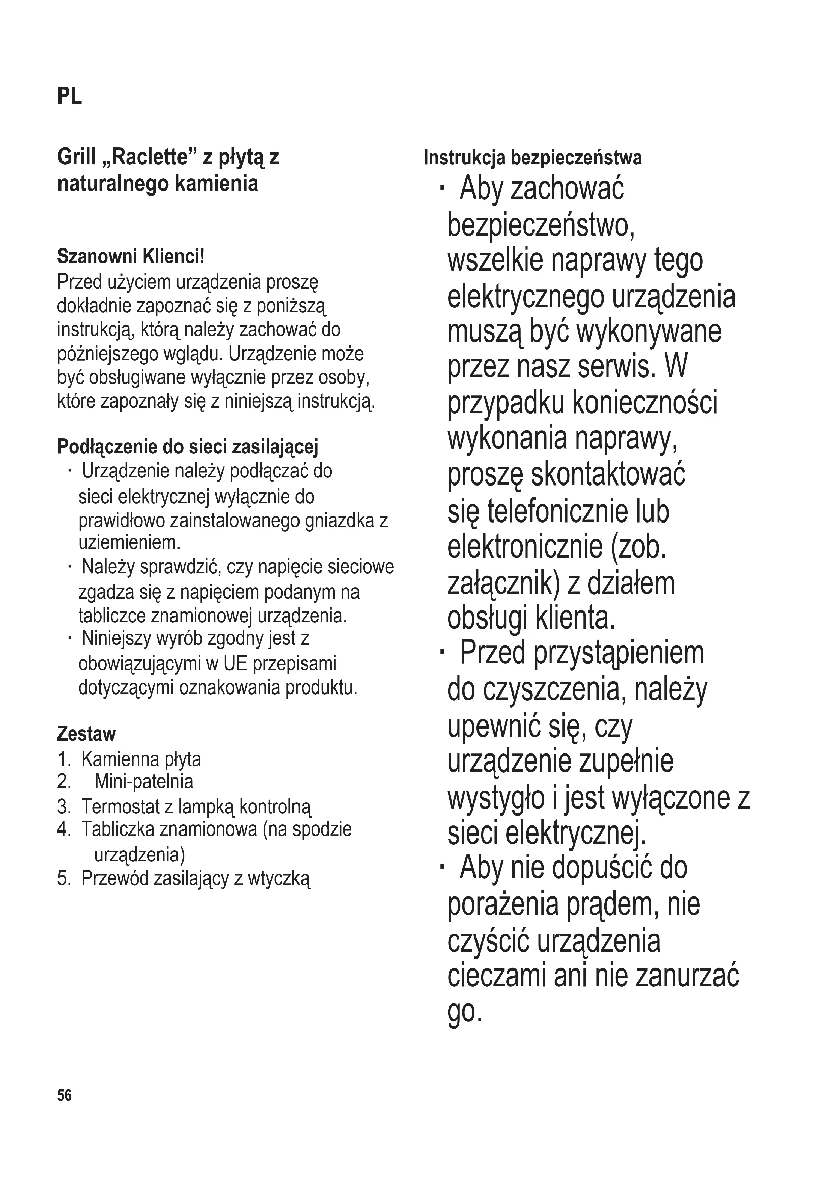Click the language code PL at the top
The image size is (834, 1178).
[69, 96]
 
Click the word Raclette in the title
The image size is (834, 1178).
[149, 157]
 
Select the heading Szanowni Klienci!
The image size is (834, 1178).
[131, 256]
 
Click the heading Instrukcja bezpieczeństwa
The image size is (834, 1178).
[532, 158]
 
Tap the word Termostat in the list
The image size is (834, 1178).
[121, 806]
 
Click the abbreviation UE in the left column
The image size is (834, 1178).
[235, 663]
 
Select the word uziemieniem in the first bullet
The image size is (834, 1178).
[129, 542]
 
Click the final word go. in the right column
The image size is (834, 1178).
[465, 1011]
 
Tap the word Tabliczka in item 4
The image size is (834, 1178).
[117, 829]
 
